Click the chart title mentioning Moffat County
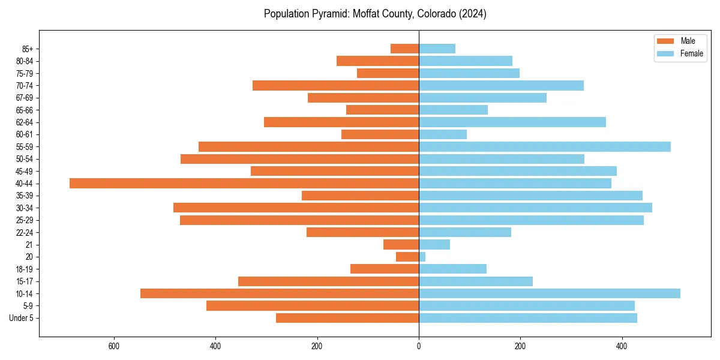375,14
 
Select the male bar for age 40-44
244,184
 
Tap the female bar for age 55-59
545,147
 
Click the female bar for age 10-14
550,293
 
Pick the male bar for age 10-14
280,293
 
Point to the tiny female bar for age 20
422,257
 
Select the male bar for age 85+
405,49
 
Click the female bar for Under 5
528,318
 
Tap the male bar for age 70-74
336,86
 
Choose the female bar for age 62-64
512,122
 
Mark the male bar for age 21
401,245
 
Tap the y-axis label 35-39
25,196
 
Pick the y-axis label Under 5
22,318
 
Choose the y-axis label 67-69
25,98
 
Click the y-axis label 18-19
25,269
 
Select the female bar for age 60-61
443,134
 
